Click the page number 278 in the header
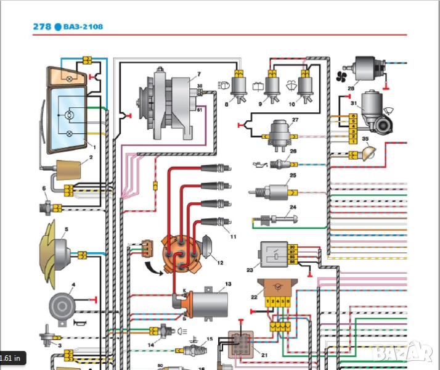pyautogui.click(x=42, y=27)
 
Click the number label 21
pyautogui.click(x=264, y=355)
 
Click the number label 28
pyautogui.click(x=351, y=89)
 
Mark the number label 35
pyautogui.click(x=365, y=139)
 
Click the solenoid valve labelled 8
pyautogui.click(x=236, y=88)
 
